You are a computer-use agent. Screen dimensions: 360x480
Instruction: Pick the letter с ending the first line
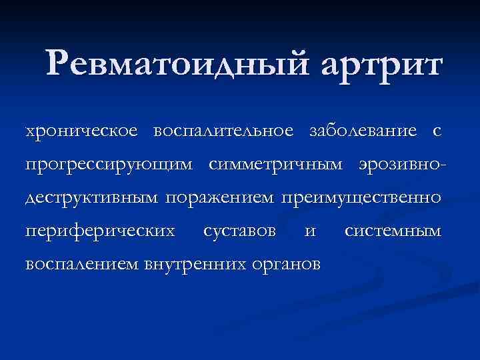click(x=436, y=131)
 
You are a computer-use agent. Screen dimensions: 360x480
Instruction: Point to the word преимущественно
click(x=361, y=197)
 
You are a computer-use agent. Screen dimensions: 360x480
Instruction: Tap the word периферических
click(x=100, y=231)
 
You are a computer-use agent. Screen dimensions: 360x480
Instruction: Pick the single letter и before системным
click(x=309, y=231)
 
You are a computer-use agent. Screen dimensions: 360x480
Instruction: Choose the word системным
click(x=393, y=231)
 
